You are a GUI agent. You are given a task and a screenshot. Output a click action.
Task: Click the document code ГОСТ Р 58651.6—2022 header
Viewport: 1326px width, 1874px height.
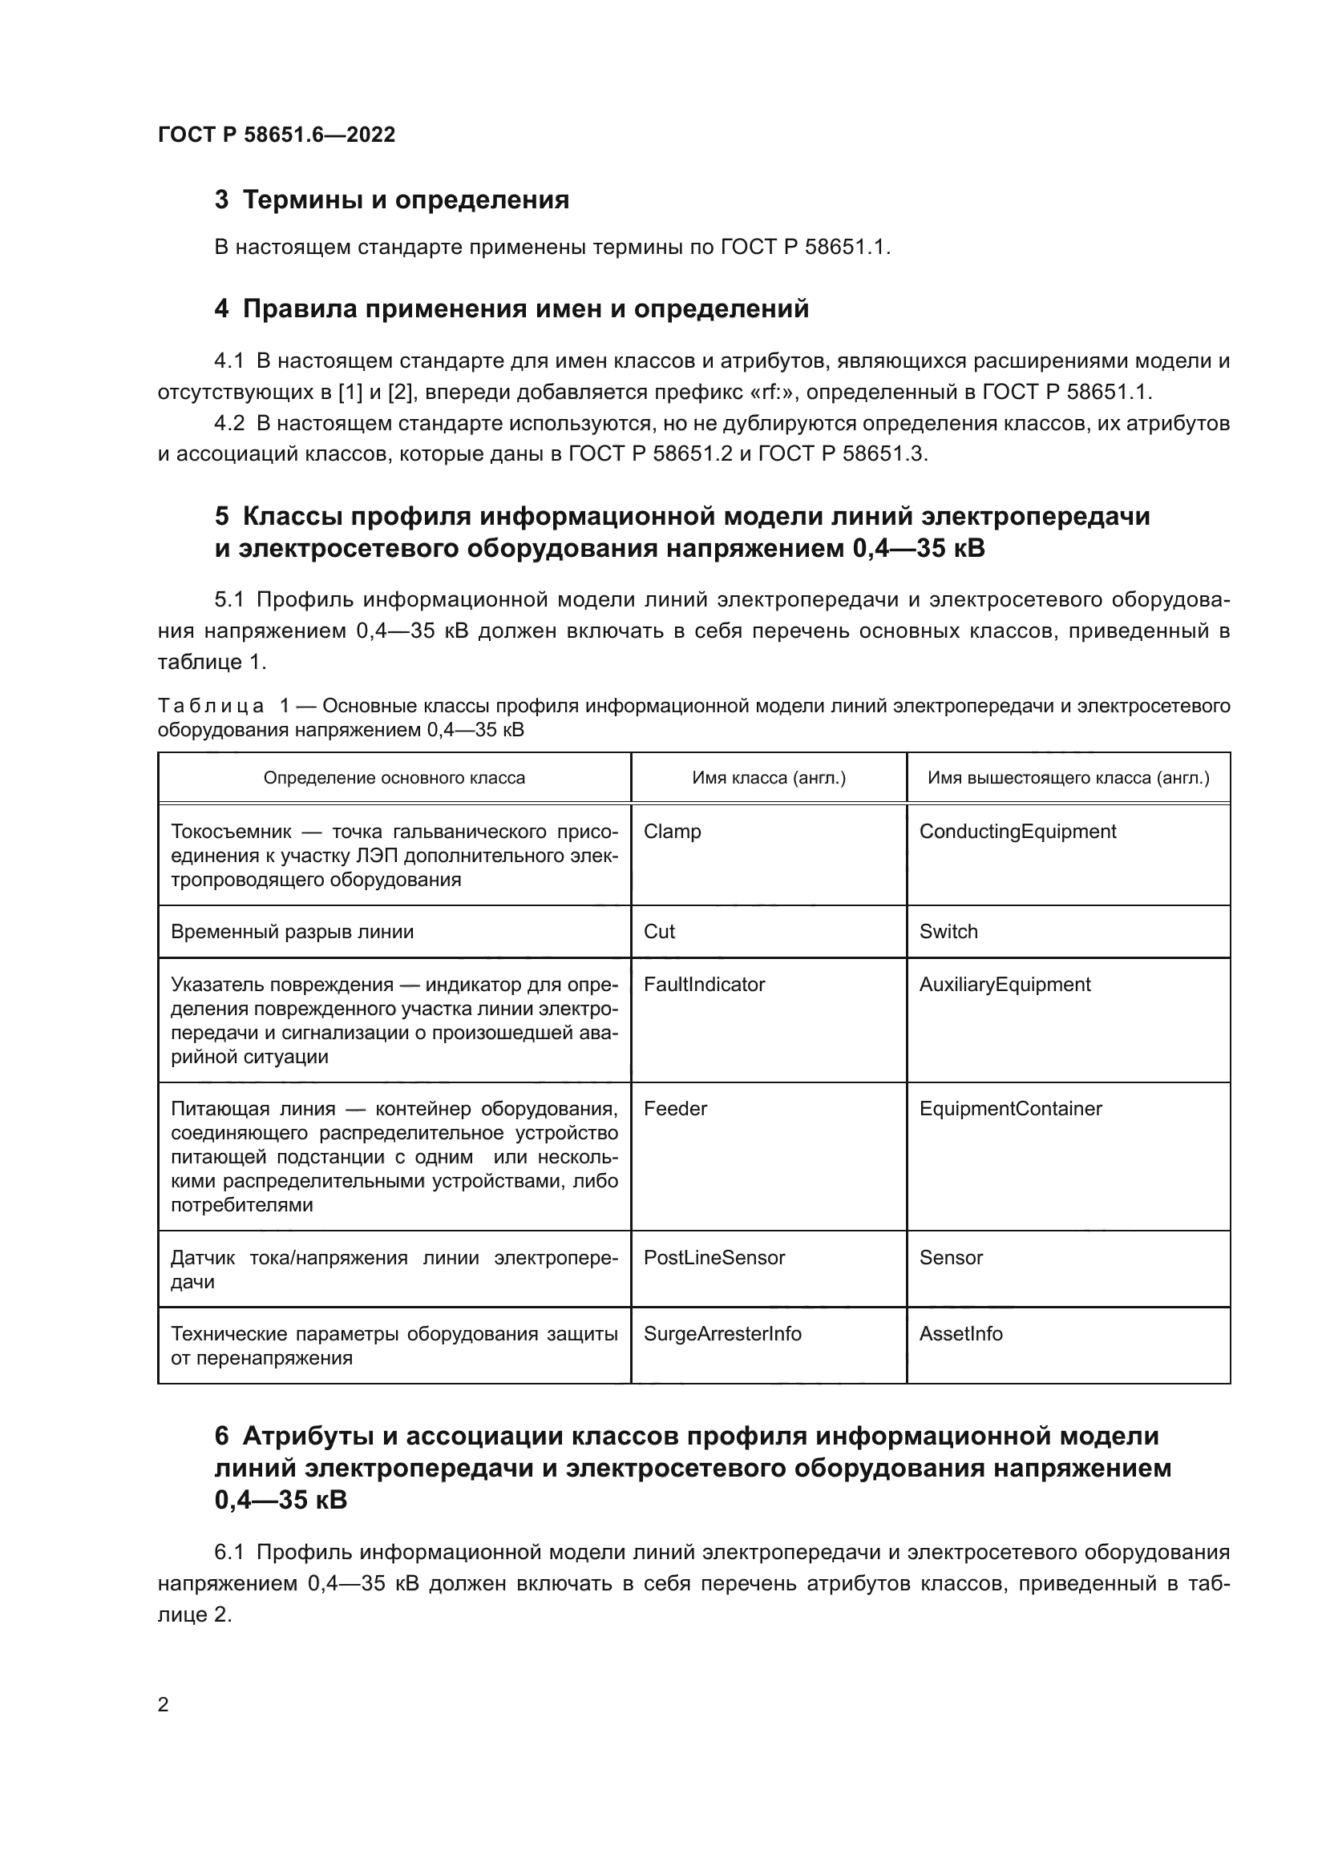(276, 135)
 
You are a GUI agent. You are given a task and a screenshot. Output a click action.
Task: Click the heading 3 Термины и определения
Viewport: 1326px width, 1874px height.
(391, 200)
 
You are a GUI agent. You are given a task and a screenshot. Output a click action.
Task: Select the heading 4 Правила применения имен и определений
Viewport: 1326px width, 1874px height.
(511, 309)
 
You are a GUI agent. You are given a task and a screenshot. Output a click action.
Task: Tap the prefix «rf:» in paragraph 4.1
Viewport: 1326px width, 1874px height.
(779, 393)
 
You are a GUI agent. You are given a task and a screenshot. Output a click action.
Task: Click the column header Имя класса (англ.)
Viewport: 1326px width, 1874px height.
(768, 778)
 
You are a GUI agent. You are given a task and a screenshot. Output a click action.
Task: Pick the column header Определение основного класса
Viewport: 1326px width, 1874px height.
(394, 778)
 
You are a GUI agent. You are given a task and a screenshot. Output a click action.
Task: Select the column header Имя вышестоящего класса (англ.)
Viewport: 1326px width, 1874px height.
(1068, 778)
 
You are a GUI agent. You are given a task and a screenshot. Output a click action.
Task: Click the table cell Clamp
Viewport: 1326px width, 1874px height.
(672, 832)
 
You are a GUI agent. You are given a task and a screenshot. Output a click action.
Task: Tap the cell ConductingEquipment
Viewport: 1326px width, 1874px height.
(1017, 832)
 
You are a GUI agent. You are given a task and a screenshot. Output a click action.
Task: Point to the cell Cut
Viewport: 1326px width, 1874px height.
(659, 932)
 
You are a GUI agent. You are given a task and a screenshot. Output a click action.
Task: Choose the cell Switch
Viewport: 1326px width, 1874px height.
(948, 932)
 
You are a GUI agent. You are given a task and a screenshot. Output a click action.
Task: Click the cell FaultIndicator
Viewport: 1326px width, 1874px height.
(704, 985)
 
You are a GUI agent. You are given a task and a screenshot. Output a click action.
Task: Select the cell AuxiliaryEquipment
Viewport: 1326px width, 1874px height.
(1005, 985)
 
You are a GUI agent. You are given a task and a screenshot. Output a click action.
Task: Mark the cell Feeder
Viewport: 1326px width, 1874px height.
(674, 1108)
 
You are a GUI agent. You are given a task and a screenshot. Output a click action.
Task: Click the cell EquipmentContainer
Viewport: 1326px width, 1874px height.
(1010, 1108)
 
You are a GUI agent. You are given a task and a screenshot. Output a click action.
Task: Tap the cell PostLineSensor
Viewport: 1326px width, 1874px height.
(714, 1258)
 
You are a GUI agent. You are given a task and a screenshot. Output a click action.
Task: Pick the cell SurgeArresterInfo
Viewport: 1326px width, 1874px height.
(722, 1334)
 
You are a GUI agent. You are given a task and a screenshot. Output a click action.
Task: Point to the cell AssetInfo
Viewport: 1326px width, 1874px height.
(960, 1334)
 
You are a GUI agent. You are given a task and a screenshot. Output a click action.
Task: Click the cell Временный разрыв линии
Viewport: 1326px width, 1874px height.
(293, 932)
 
